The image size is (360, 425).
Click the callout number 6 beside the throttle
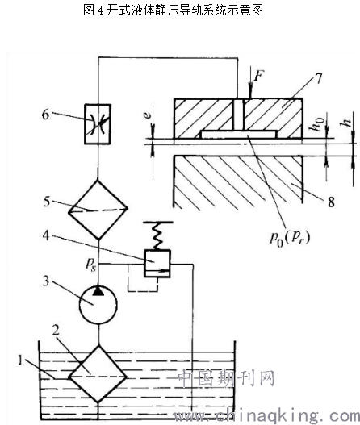[45, 115]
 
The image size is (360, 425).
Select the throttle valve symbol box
[98, 124]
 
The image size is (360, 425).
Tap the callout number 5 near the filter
[47, 202]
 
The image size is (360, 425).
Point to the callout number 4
[46, 235]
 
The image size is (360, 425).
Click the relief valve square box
[157, 264]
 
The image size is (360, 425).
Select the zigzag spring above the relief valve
[157, 235]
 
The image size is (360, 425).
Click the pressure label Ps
[91, 263]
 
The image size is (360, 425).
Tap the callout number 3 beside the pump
[46, 281]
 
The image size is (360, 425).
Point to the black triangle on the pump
[98, 290]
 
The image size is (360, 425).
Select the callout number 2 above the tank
[56, 330]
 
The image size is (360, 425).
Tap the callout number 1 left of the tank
[20, 360]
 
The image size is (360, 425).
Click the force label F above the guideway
[259, 75]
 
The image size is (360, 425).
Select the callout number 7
[318, 78]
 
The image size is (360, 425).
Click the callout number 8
[331, 202]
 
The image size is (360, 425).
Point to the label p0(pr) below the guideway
[290, 239]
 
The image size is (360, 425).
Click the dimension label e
[147, 115]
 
